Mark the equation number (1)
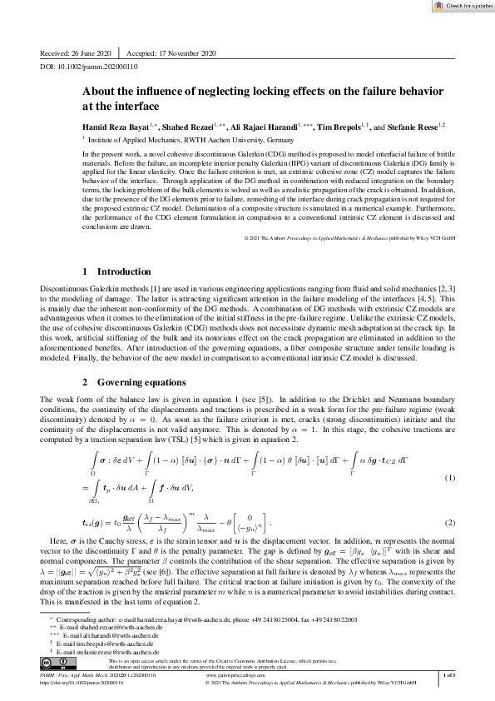[x=450, y=478]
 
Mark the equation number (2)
[x=450, y=523]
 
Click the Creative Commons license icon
[x=57, y=663]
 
